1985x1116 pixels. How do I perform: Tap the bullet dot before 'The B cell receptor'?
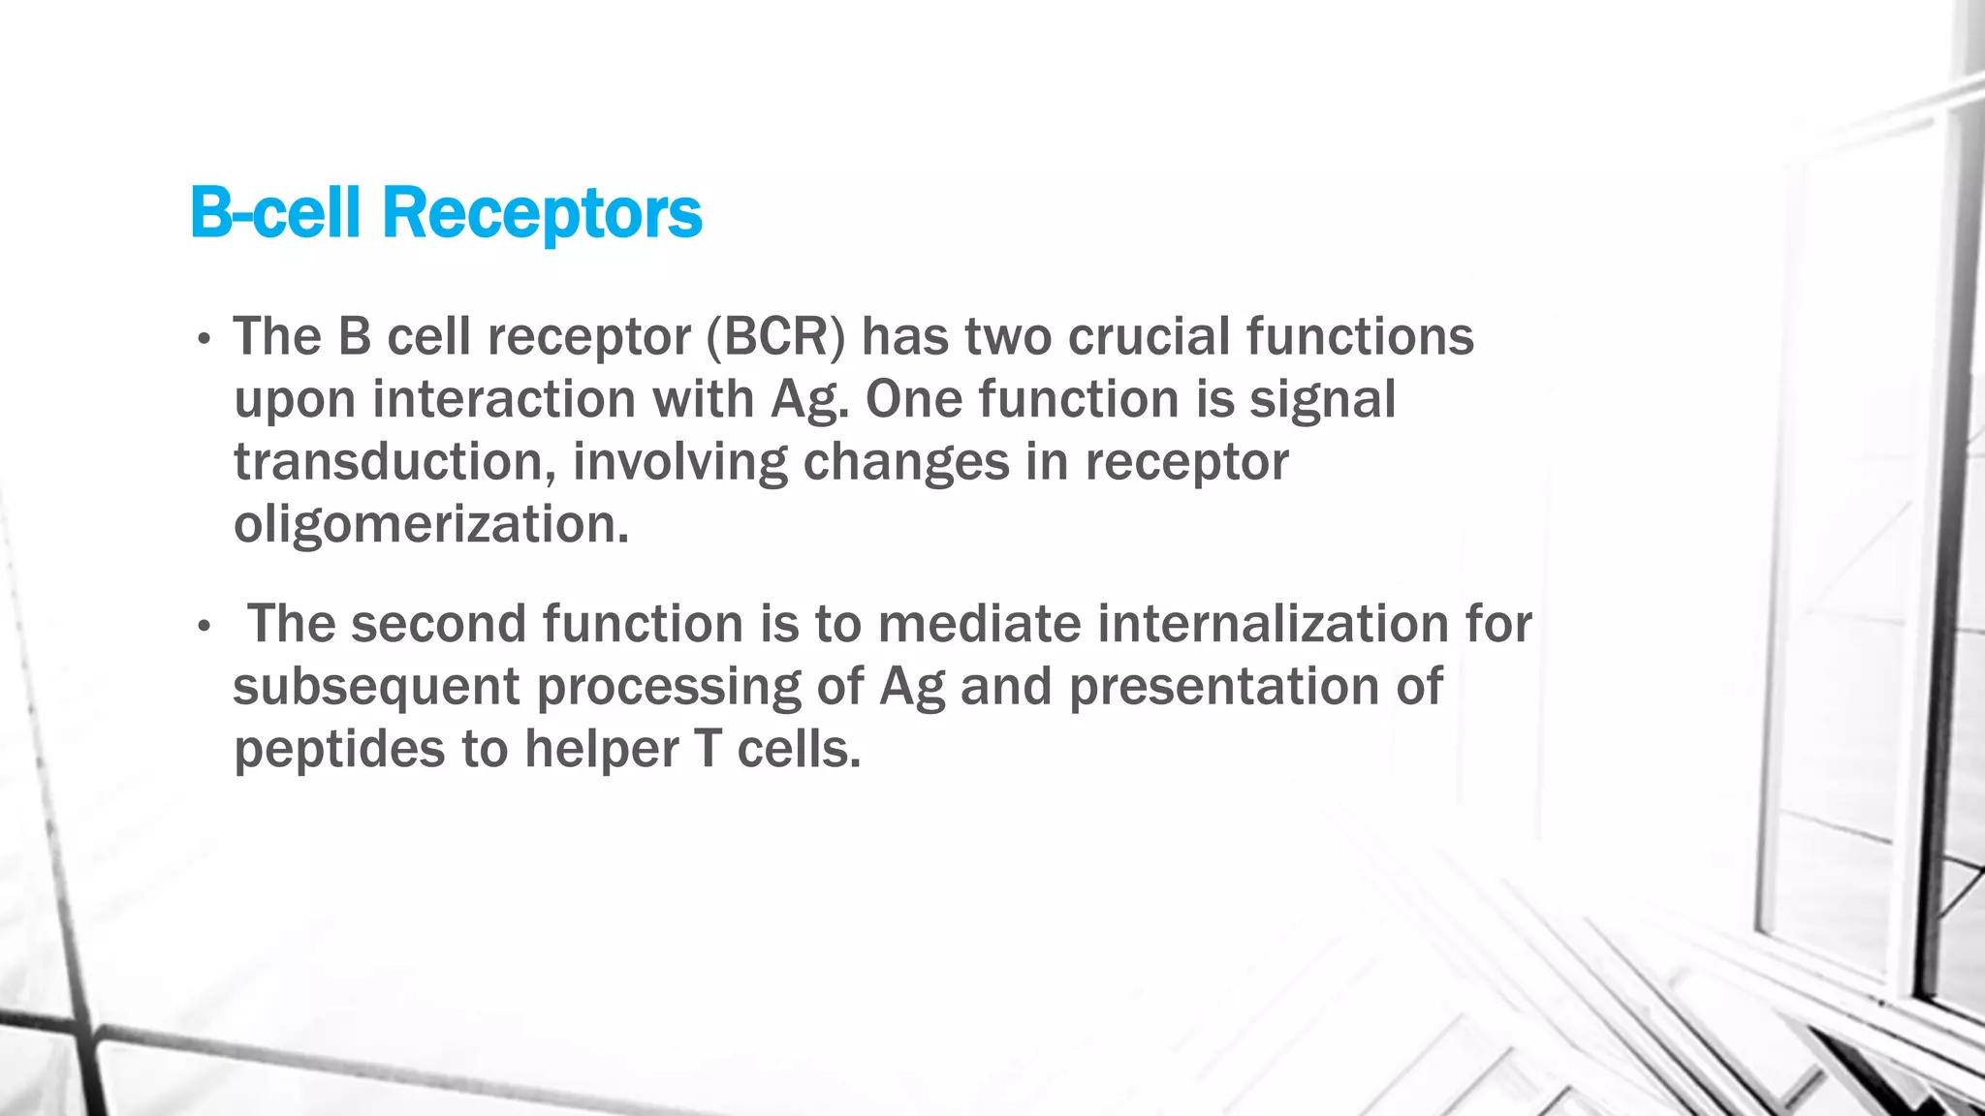pyautogui.click(x=204, y=340)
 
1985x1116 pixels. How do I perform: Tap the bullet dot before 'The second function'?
pyautogui.click(x=204, y=628)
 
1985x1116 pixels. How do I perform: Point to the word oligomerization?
pyautogui.click(x=431, y=525)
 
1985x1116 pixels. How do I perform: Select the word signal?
pyautogui.click(x=1322, y=400)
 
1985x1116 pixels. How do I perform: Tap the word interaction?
pyautogui.click(x=503, y=400)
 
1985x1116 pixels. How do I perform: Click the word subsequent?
pyautogui.click(x=376, y=688)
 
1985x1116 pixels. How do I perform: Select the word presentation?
pyautogui.click(x=1224, y=687)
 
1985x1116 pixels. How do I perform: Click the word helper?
pyautogui.click(x=601, y=750)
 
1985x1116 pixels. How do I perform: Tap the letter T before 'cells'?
pyautogui.click(x=708, y=750)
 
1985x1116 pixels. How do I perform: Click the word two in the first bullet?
pyautogui.click(x=1009, y=337)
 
